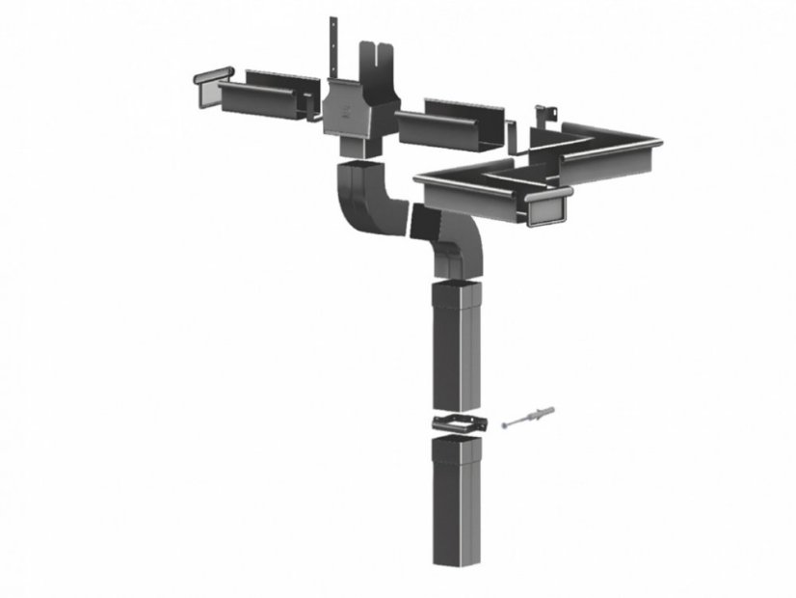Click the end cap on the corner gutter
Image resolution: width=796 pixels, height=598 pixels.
[x=550, y=206]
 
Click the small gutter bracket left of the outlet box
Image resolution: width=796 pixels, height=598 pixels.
[x=313, y=115]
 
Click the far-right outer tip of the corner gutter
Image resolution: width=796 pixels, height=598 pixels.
[x=659, y=146]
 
